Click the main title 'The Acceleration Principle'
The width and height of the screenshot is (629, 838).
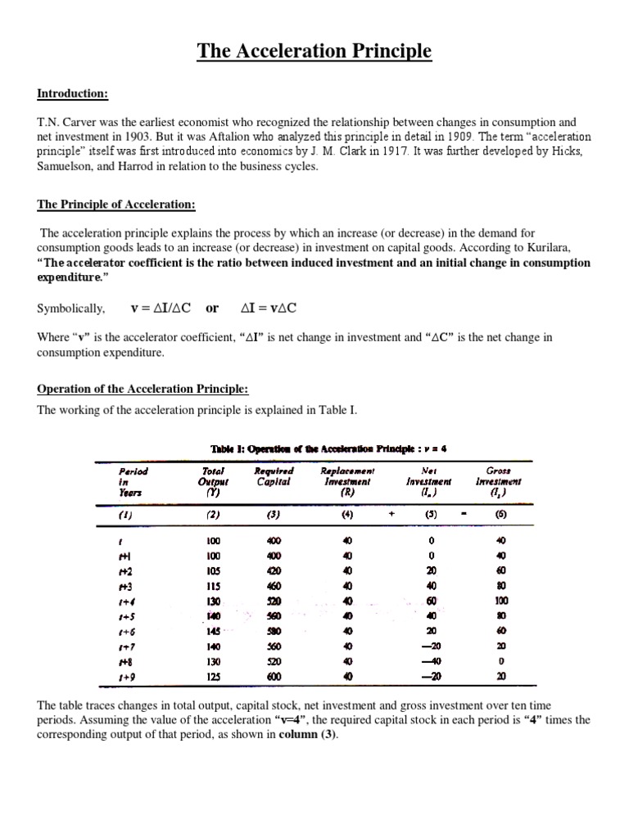click(314, 52)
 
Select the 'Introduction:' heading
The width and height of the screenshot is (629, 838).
click(71, 94)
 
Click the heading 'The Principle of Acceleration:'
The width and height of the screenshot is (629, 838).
click(117, 205)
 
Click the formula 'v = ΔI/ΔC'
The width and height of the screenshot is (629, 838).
click(161, 309)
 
